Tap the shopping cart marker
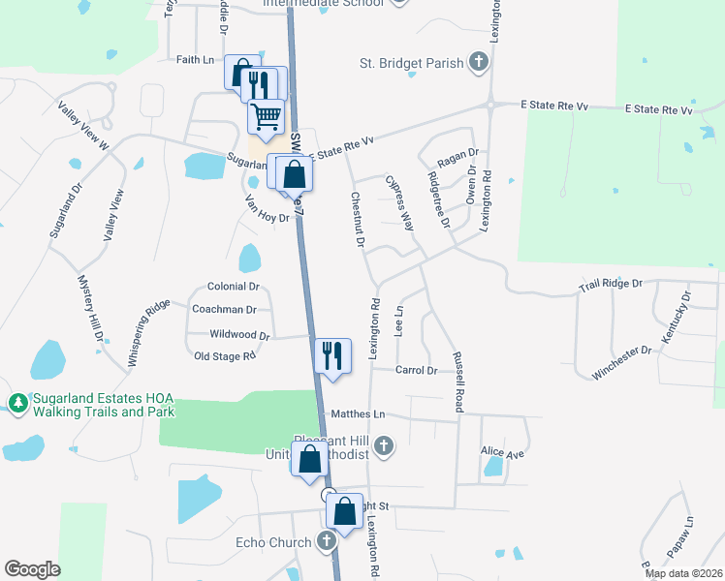[266, 116]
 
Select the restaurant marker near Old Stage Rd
[331, 354]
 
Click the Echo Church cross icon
[328, 541]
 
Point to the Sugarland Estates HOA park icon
[17, 402]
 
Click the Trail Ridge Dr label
[611, 284]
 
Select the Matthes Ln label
[359, 414]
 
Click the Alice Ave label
[501, 452]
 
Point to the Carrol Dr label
[417, 370]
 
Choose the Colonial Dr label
[234, 287]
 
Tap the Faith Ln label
[195, 60]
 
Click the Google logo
[32, 569]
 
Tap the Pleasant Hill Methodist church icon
[384, 445]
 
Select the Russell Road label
[458, 382]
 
